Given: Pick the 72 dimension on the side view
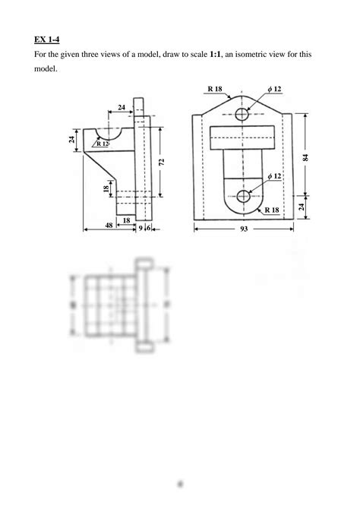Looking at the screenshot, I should (162, 163).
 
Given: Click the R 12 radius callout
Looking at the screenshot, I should (102, 143).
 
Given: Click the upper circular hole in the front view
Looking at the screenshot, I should (243, 115).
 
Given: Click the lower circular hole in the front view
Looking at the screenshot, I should (244, 195).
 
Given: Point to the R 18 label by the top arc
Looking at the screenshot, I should (215, 90).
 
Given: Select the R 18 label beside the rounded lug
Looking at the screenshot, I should (272, 210).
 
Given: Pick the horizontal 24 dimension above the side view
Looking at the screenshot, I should (121, 107).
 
